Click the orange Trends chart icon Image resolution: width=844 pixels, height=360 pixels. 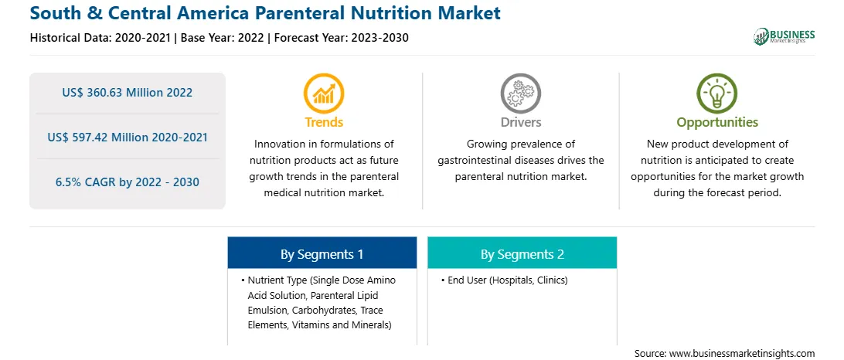[x=324, y=93]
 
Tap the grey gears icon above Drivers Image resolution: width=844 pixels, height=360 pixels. [x=520, y=93]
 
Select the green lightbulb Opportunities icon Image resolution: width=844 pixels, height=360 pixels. [x=717, y=93]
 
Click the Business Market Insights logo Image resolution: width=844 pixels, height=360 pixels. [x=784, y=36]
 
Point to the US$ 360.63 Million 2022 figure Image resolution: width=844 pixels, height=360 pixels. [x=127, y=93]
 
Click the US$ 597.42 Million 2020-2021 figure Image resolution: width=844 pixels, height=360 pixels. [x=127, y=138]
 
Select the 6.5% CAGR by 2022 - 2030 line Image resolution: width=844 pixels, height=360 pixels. [x=127, y=182]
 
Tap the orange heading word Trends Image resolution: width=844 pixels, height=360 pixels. [x=324, y=122]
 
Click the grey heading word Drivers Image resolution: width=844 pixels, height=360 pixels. [x=520, y=122]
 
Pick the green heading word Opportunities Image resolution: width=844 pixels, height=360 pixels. [x=717, y=123]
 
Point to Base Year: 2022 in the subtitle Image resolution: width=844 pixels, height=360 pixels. [x=222, y=38]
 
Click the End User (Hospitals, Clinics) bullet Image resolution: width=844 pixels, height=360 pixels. [x=504, y=280]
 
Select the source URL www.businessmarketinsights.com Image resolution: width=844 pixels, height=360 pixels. [x=742, y=354]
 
